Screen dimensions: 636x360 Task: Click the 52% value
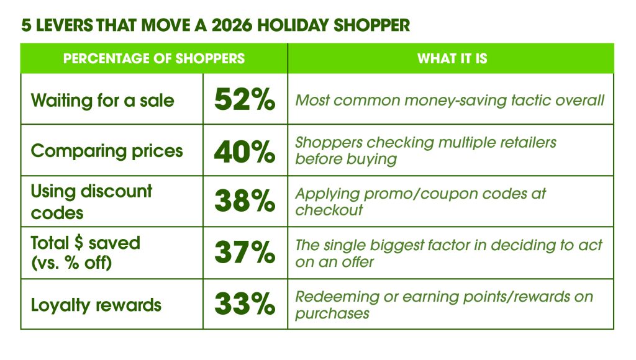coord(245,99)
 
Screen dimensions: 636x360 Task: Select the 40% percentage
coord(245,151)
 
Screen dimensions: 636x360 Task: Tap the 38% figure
coord(245,200)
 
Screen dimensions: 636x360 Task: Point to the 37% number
coord(245,252)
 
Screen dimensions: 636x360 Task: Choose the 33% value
coord(245,304)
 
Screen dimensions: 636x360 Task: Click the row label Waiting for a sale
coord(102,100)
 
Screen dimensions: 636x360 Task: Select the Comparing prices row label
coord(107,151)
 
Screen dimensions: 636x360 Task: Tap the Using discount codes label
coord(91,202)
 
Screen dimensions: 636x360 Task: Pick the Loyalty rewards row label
coord(96,305)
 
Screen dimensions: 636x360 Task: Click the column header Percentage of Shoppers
coord(154,58)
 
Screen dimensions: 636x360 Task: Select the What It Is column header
coord(452,58)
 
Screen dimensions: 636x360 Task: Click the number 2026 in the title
coord(232,25)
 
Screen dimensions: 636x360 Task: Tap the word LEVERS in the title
coord(65,25)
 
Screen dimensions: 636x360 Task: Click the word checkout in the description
coord(329,210)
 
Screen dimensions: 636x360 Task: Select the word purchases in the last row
coord(332,313)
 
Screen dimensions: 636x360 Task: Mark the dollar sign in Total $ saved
coord(79,243)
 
